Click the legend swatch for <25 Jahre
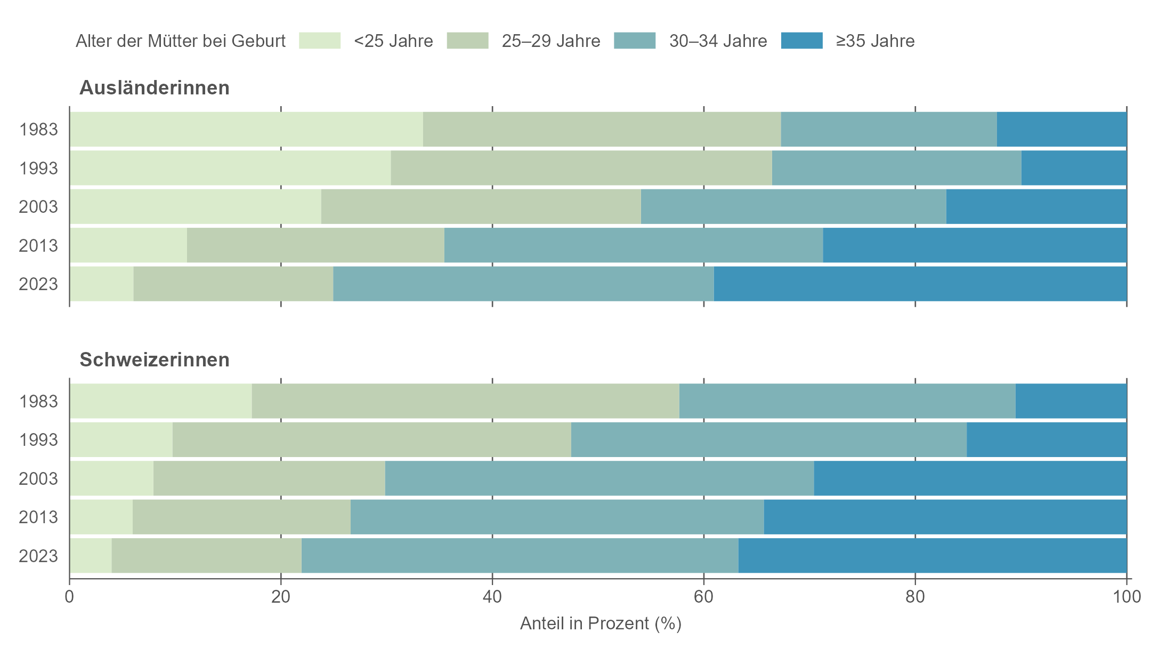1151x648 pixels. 320,41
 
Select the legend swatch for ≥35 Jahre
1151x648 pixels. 801,41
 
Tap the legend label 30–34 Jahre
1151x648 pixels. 718,41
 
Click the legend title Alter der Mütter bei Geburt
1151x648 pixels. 181,41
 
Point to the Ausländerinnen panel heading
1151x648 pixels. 155,88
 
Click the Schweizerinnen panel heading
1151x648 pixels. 155,360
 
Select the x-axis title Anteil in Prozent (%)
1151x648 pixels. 601,623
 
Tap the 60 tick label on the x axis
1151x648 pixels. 703,596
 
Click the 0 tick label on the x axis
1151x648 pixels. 69,596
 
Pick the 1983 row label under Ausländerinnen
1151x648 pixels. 38,130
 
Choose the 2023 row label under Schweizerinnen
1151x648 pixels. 38,556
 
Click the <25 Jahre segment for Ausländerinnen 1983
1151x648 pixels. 246,130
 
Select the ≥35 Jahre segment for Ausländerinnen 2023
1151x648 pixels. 920,284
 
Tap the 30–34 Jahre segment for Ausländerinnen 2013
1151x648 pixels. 634,245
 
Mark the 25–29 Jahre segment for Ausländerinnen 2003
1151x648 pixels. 481,206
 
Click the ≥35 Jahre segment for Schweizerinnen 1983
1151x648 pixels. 1071,401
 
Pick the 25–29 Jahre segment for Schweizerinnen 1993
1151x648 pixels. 372,439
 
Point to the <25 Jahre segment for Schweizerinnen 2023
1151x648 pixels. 91,556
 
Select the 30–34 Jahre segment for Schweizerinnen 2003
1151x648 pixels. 599,478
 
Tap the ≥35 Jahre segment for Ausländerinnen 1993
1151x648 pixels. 1074,168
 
